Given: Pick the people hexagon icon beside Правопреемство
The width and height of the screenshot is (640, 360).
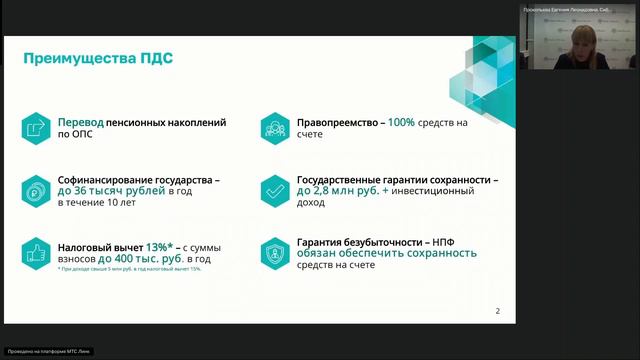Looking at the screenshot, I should click(x=272, y=128).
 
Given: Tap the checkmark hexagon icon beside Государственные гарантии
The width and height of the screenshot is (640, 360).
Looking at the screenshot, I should click(x=272, y=188).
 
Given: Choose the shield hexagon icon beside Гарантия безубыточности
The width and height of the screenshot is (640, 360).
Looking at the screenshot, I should click(x=272, y=253).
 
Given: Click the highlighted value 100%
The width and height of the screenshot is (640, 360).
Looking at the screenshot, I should click(x=403, y=122).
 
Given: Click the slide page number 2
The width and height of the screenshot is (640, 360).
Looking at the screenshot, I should click(x=498, y=311).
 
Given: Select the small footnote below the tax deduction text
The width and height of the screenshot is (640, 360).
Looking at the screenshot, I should click(x=129, y=269).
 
